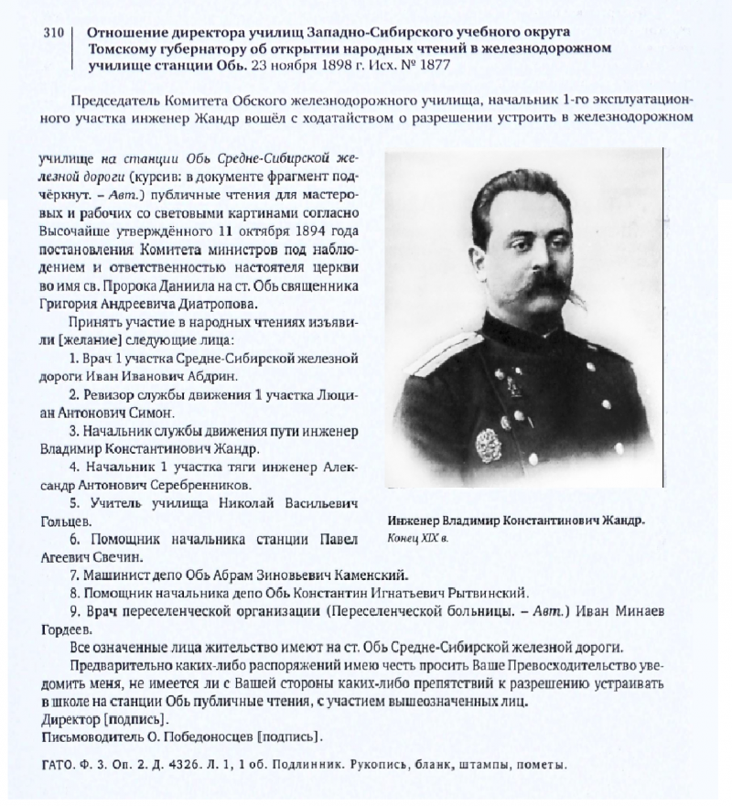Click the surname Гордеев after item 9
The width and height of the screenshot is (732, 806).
pos(67,629)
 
